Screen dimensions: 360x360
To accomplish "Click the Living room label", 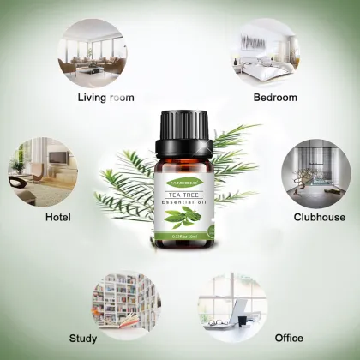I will (105, 98).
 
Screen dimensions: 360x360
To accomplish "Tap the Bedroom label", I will (275, 98).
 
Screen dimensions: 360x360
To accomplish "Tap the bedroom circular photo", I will (266, 52).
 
